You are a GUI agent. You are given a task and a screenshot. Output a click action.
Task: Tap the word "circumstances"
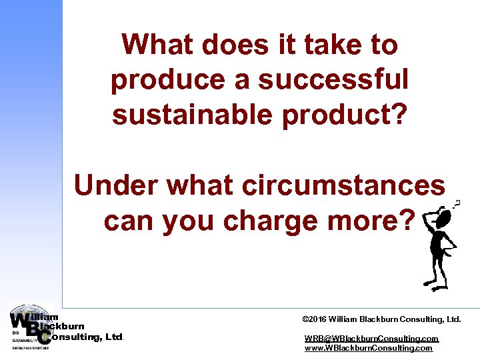(347, 185)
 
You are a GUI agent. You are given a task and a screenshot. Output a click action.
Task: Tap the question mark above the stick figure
(458, 203)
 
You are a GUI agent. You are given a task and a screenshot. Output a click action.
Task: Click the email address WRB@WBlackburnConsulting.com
(371, 339)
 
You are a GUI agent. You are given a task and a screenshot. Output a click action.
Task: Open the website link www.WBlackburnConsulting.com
(368, 348)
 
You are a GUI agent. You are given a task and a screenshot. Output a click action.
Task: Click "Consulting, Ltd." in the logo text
(87, 337)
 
